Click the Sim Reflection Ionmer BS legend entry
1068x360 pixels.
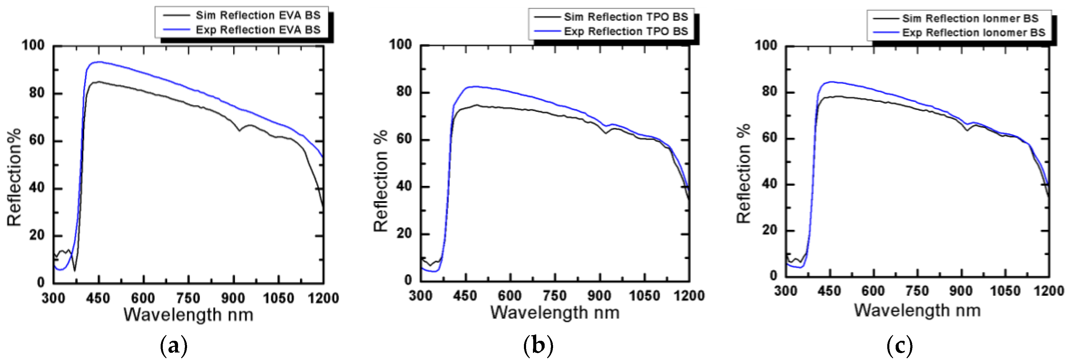(970, 18)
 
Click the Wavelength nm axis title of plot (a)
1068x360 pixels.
(188, 315)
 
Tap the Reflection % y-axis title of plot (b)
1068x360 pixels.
(381, 180)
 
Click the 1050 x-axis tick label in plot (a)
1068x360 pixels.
(278, 298)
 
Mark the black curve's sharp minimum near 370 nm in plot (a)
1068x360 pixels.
(75, 271)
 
